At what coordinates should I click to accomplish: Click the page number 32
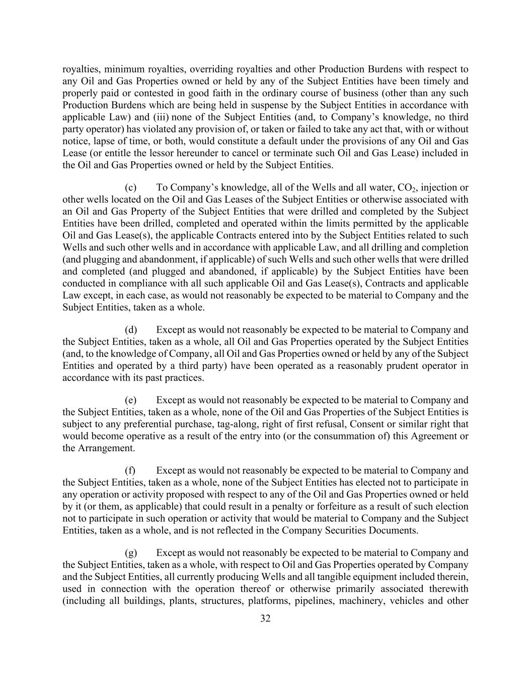265,618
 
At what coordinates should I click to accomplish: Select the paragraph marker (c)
131,188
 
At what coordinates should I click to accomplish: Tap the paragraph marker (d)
131,330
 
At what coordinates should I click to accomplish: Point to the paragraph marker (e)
131,400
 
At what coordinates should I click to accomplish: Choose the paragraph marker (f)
130,470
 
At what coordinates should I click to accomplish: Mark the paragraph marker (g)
131,552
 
